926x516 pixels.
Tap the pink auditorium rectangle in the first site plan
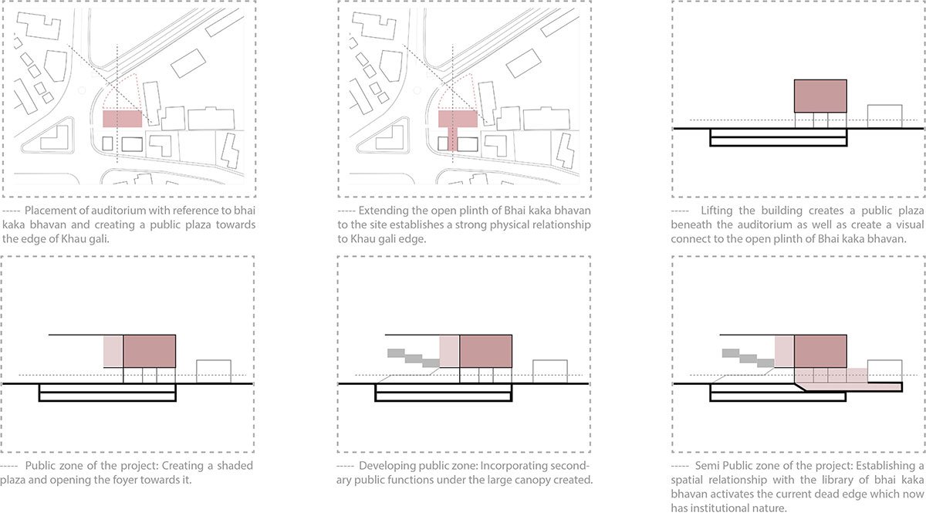pyautogui.click(x=123, y=119)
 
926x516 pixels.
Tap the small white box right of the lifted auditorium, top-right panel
pyautogui.click(x=884, y=116)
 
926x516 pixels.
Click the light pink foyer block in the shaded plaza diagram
pyautogui.click(x=113, y=352)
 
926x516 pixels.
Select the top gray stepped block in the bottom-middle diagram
pyautogui.click(x=396, y=353)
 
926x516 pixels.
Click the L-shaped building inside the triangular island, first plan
pyautogui.click(x=54, y=137)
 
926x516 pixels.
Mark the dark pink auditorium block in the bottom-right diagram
pyautogui.click(x=820, y=351)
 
